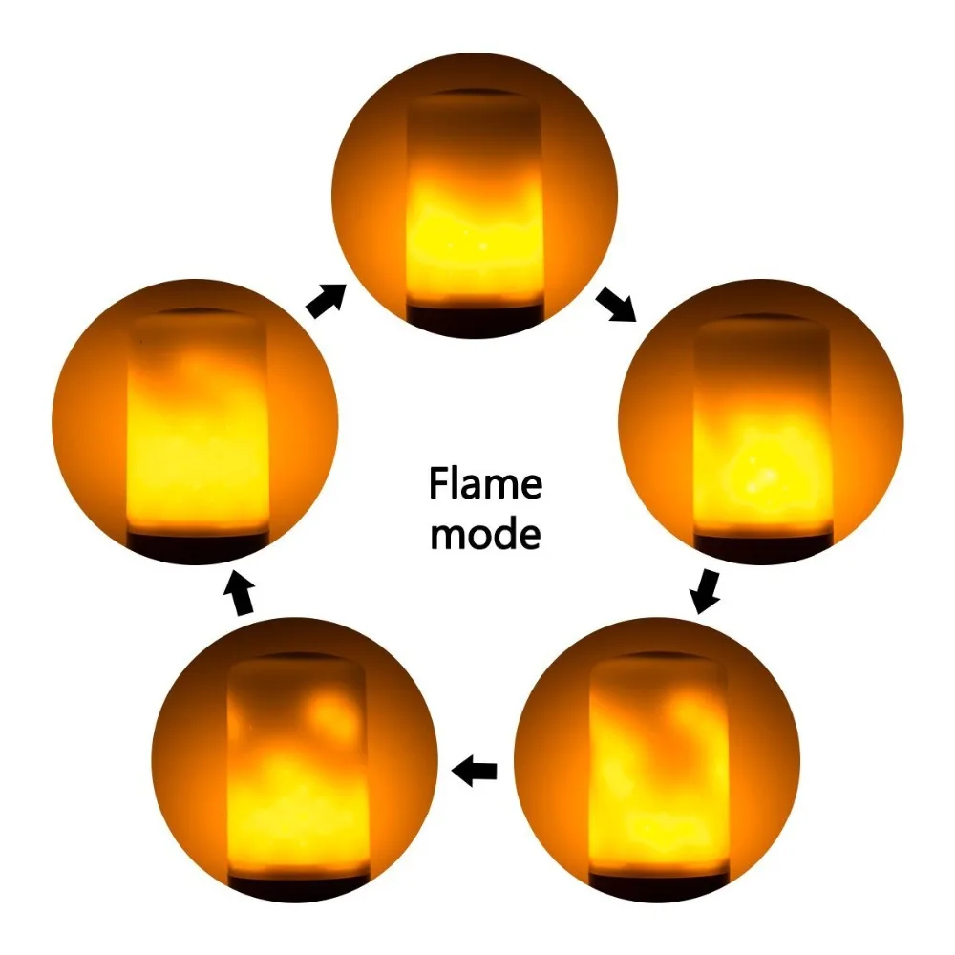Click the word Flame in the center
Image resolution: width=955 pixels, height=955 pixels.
pyautogui.click(x=485, y=483)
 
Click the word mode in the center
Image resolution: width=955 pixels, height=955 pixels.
pyautogui.click(x=485, y=533)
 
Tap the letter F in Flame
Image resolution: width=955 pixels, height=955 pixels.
pyautogui.click(x=438, y=483)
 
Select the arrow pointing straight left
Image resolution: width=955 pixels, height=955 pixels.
pyautogui.click(x=475, y=771)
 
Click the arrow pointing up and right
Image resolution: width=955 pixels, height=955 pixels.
pyautogui.click(x=326, y=300)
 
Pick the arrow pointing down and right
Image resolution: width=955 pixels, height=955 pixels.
pyautogui.click(x=616, y=304)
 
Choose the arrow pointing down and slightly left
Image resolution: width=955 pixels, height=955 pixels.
pyautogui.click(x=706, y=591)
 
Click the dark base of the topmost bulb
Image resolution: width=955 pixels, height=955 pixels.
pyautogui.click(x=475, y=319)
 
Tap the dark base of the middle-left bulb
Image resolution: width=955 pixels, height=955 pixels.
pyautogui.click(x=198, y=545)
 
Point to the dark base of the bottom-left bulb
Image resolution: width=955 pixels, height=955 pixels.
pyautogui.click(x=298, y=887)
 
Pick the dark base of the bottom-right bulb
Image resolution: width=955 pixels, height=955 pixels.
pyautogui.click(x=659, y=886)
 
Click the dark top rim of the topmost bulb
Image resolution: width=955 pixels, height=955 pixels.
pyautogui.click(x=474, y=94)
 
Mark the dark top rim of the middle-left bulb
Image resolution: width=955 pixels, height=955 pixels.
pyautogui.click(x=196, y=312)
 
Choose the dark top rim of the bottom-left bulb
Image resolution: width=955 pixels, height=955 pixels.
pyautogui.click(x=298, y=657)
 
